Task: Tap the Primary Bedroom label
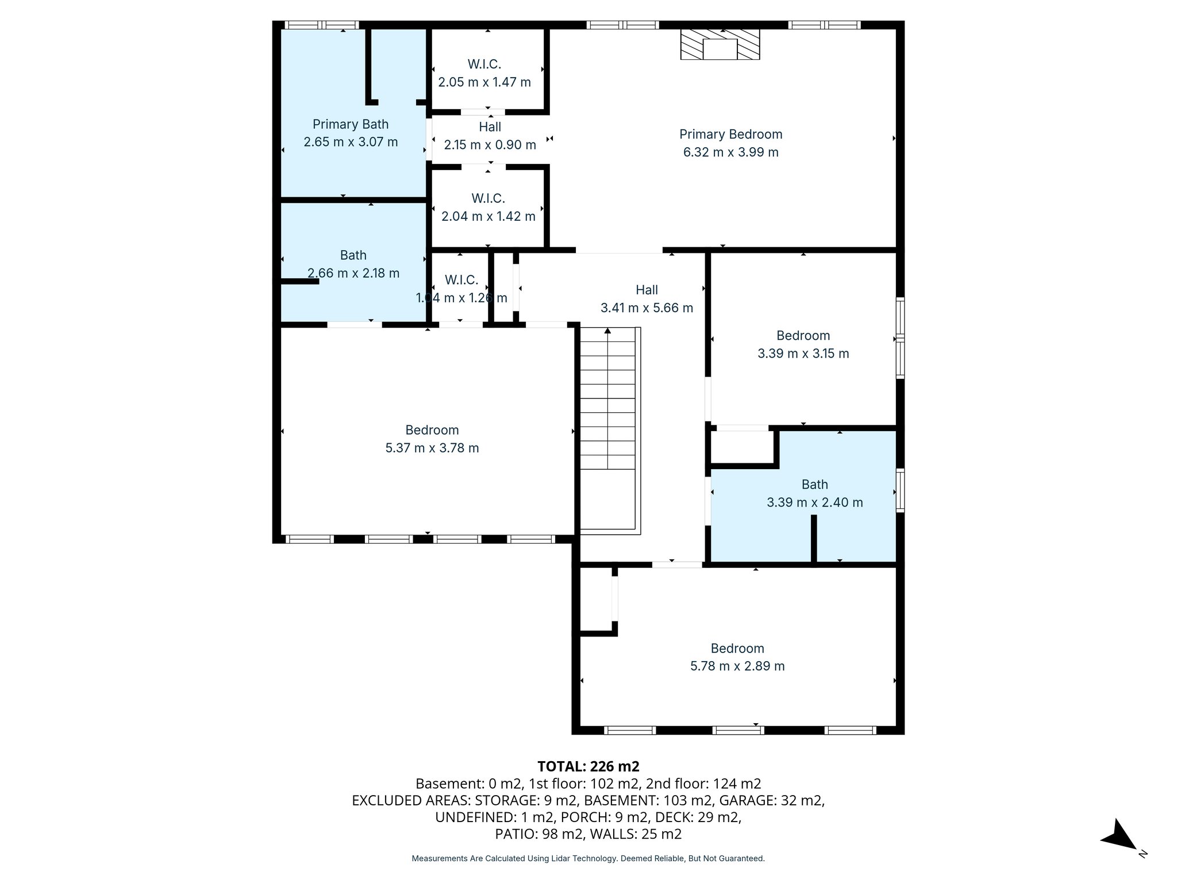tap(730, 135)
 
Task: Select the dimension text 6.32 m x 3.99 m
tap(730, 152)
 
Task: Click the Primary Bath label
tap(351, 124)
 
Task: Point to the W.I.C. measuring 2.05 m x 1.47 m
tap(484, 73)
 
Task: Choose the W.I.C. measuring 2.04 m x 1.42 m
tap(488, 208)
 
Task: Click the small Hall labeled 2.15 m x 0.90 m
tap(490, 136)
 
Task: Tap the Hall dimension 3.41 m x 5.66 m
tap(647, 308)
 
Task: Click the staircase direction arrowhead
tap(607, 331)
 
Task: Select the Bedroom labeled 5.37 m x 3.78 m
tap(432, 439)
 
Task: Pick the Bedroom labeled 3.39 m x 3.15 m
tap(803, 344)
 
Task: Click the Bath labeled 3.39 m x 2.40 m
tap(814, 493)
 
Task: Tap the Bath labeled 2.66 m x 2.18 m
tap(353, 264)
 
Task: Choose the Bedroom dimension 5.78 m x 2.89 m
tap(737, 666)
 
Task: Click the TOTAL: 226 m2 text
tap(588, 766)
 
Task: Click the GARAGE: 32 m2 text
tap(772, 800)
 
